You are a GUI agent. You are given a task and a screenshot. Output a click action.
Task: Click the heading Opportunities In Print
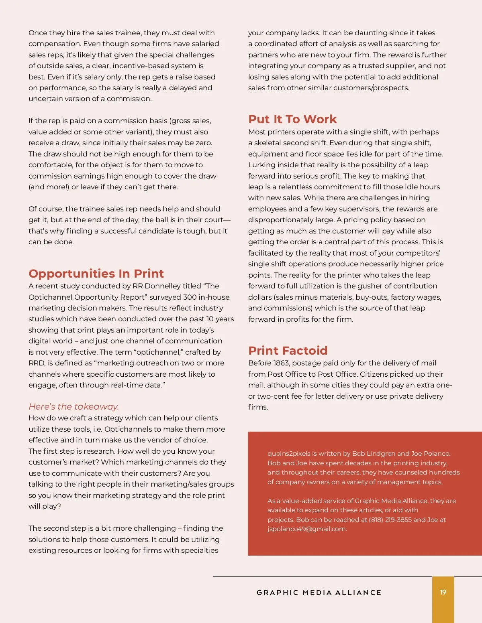(96, 274)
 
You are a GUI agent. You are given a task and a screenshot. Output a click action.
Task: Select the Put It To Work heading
(292, 119)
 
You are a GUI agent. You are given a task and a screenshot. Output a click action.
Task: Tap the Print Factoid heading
(288, 351)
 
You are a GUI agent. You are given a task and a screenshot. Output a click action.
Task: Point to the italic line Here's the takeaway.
(74, 407)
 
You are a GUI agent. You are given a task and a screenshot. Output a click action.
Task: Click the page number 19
(443, 592)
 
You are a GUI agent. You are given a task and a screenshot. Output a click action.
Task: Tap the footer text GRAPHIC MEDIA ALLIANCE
(319, 593)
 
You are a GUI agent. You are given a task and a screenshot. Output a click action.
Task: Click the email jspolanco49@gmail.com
(307, 529)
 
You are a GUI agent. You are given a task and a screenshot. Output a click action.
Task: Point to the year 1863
(281, 363)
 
